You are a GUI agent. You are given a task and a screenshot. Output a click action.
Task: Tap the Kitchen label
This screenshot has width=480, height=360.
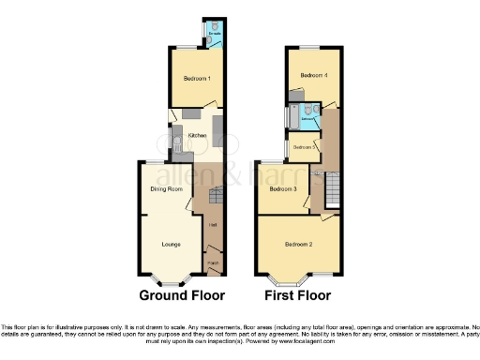point(197,136)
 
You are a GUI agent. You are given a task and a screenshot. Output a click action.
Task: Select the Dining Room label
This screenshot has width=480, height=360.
point(165,189)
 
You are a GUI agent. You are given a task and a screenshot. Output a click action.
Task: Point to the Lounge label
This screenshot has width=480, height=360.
point(171,246)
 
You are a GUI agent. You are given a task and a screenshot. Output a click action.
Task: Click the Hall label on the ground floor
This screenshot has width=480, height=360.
point(214,225)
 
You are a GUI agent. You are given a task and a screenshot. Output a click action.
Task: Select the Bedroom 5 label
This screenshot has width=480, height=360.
point(302,147)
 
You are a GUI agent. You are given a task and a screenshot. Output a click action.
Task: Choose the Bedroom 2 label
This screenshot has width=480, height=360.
point(298,245)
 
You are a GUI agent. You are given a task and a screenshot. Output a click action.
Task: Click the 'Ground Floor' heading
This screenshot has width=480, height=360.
point(182,295)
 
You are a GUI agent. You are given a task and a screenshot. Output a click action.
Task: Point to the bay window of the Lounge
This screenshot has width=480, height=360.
point(171,278)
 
